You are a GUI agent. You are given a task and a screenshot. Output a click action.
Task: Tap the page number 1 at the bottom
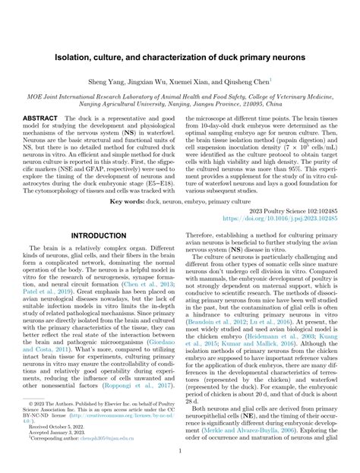point(180,449)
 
